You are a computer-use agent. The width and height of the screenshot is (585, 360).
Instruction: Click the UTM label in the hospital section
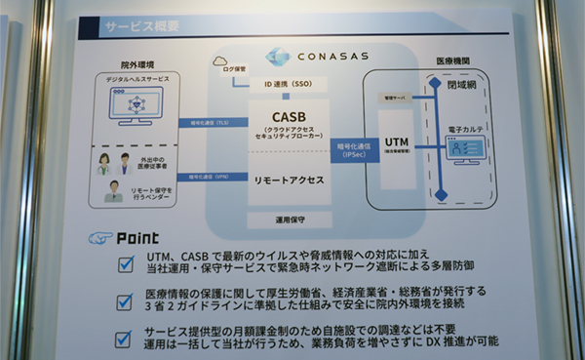[x=396, y=143]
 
